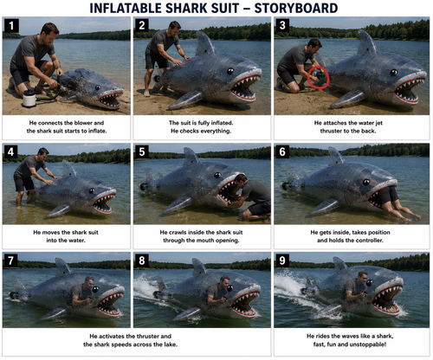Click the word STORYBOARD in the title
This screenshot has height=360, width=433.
296,8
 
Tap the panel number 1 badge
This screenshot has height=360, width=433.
11,26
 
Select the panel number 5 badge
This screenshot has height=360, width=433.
142,151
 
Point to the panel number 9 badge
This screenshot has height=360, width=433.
282,260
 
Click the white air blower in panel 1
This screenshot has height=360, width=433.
29,98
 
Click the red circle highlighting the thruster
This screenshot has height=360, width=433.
319,77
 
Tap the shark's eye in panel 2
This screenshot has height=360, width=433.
230,71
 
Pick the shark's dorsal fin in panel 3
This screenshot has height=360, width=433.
366,42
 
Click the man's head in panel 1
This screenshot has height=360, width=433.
50,33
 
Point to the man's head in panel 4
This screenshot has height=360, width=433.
43,153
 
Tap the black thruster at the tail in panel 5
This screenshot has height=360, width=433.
145,187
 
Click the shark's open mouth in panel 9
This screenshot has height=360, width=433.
386,300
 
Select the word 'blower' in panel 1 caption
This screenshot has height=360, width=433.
83,123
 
